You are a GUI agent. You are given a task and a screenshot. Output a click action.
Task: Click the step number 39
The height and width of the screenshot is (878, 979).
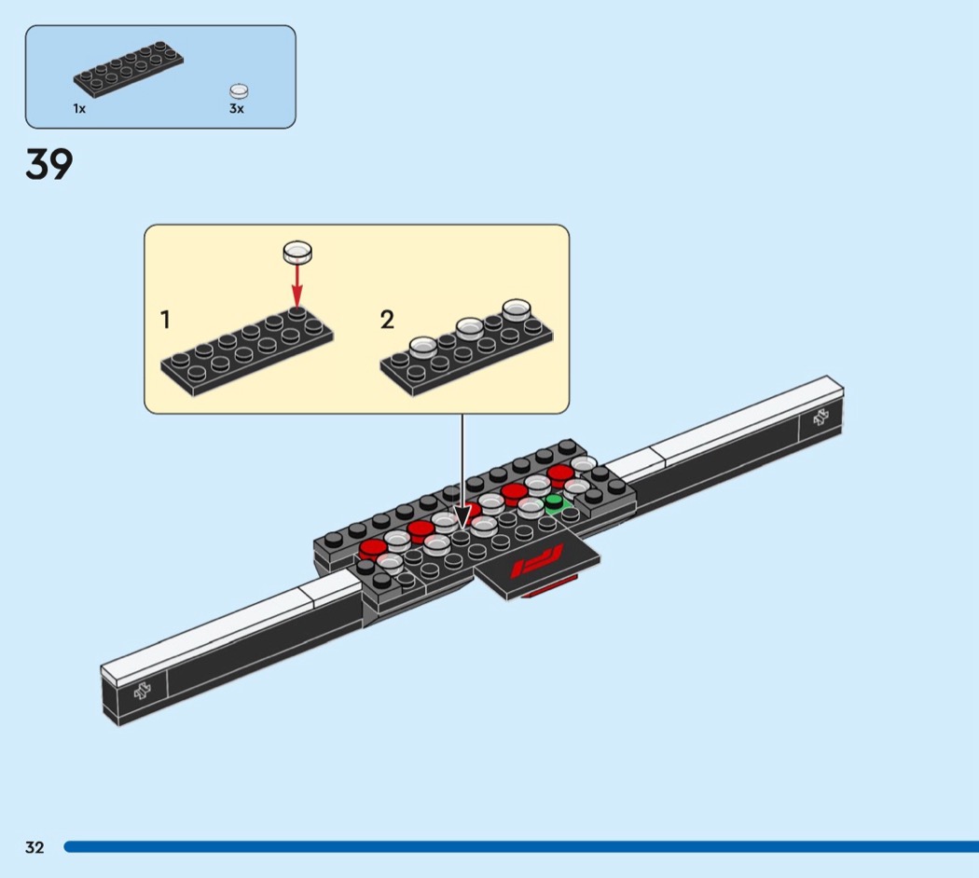[49, 164]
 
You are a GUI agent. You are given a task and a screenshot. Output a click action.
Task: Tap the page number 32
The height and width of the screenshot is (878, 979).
[35, 847]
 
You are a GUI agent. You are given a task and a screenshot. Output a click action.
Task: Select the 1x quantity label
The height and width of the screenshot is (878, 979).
[79, 108]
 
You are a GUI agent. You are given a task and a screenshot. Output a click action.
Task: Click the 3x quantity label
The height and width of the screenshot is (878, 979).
[237, 108]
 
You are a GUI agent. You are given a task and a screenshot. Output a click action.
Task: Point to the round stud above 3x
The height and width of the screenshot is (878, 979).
[239, 91]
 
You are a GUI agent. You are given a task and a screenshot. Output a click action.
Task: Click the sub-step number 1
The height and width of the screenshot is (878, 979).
[165, 320]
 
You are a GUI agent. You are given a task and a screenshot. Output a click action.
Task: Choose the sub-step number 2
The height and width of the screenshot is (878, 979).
[387, 320]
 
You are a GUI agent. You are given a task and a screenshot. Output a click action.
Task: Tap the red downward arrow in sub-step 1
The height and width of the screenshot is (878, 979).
[297, 284]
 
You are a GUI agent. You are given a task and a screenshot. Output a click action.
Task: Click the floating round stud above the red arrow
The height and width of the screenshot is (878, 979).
[297, 252]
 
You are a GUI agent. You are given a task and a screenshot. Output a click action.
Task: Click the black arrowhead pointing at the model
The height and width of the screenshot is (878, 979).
[462, 517]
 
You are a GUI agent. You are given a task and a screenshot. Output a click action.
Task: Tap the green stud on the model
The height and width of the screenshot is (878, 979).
[554, 501]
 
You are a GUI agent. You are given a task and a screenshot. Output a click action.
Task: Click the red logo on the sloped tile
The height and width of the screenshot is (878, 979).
[537, 560]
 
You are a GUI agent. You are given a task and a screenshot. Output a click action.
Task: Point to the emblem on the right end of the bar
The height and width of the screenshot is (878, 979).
[821, 418]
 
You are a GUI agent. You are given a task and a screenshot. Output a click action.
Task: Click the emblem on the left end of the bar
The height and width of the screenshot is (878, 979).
[143, 690]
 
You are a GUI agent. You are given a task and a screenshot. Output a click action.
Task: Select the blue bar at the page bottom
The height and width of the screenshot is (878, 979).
[521, 847]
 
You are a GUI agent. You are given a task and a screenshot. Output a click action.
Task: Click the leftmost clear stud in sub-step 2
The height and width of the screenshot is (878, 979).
[422, 347]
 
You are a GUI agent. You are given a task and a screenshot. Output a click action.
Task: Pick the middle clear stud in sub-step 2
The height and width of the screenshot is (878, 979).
[470, 328]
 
